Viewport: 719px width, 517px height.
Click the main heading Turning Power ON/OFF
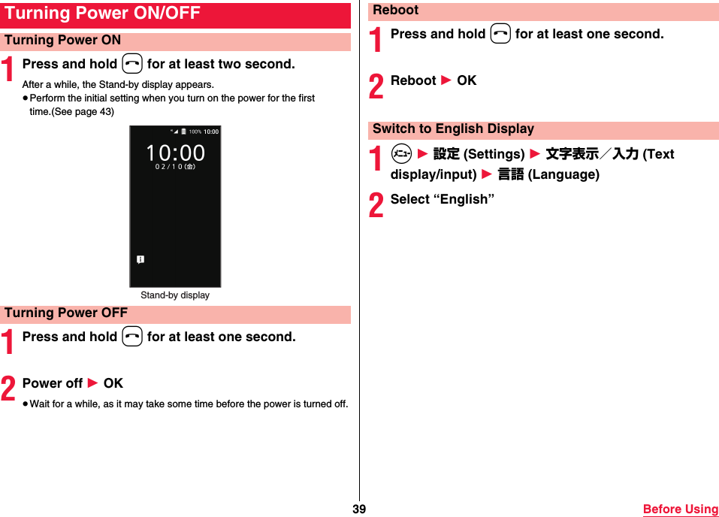(x=103, y=14)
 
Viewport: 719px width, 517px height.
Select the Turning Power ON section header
(x=63, y=41)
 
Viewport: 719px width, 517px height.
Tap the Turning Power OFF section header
(x=66, y=313)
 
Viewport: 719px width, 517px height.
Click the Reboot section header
(x=396, y=11)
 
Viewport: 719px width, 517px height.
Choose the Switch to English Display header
(x=453, y=129)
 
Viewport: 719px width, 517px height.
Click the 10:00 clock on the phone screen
(x=175, y=153)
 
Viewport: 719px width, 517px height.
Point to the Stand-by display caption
(x=175, y=295)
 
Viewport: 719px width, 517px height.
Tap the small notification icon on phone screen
(x=140, y=260)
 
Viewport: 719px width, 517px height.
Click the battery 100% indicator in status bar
(x=195, y=132)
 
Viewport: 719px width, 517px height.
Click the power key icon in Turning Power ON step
(x=132, y=65)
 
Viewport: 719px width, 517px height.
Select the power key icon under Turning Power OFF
(x=132, y=337)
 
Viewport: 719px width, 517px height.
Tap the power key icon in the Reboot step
(x=500, y=35)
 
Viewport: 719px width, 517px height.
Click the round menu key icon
(x=400, y=154)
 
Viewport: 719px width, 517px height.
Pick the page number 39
(x=359, y=509)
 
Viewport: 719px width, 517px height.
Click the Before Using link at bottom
(x=680, y=509)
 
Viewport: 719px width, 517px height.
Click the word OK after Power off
(x=113, y=383)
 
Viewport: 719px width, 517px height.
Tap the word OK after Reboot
(x=467, y=80)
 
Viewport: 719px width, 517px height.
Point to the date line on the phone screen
(x=175, y=167)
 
